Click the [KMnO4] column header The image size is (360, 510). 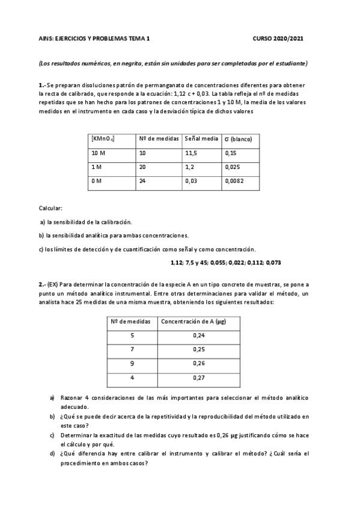[103, 138]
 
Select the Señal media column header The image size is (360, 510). [201, 138]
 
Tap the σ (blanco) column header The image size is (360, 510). [237, 138]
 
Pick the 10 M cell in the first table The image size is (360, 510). [99, 153]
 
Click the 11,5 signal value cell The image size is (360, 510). [192, 153]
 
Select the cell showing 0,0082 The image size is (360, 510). [234, 180]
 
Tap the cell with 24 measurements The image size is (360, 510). [142, 180]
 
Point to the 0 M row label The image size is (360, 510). [97, 180]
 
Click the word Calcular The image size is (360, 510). [50, 207]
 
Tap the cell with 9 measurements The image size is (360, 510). [132, 363]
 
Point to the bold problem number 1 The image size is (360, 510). [40, 85]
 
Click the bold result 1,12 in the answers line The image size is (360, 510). [177, 263]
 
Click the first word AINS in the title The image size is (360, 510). [45, 37]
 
